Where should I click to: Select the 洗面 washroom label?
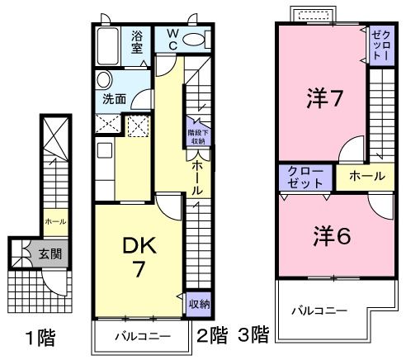[x=115, y=98]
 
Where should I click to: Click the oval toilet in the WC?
[x=195, y=40]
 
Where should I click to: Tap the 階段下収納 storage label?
[x=197, y=135]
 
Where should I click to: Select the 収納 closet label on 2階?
[x=197, y=303]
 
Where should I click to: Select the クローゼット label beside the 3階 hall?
[x=305, y=177]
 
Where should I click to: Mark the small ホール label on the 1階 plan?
[x=55, y=221]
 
